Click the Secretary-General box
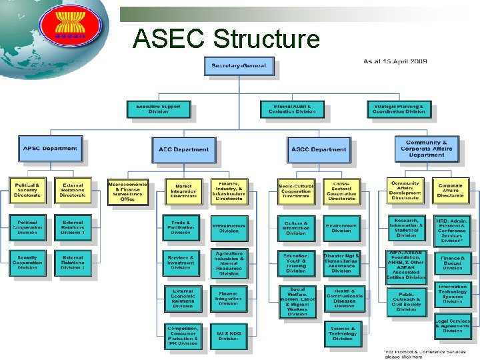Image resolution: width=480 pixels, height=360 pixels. coord(238,65)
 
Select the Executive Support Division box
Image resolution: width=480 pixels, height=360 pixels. coord(158,109)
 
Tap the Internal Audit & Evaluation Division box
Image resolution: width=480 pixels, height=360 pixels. coord(291,109)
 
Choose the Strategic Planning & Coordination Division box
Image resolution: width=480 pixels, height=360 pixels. coord(398,109)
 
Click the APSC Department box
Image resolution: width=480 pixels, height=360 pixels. coord(51,148)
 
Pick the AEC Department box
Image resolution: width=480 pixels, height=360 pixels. coord(183,149)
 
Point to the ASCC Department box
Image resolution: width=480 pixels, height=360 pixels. coord(319,149)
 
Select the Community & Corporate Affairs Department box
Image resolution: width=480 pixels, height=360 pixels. coord(427,149)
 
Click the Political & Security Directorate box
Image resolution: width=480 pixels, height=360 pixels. coord(27,190)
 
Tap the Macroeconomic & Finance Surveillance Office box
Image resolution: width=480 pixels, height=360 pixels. coord(127,191)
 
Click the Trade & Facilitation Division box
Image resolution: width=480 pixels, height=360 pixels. coord(181,227)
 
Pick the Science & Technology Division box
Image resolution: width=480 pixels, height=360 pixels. coord(343,334)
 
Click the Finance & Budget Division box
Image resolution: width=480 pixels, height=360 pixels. coord(453,262)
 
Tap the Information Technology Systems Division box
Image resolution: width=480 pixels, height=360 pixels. coord(453,294)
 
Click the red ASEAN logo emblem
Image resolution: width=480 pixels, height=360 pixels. coord(62,27)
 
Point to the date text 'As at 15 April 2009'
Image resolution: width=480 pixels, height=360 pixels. coord(395,62)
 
